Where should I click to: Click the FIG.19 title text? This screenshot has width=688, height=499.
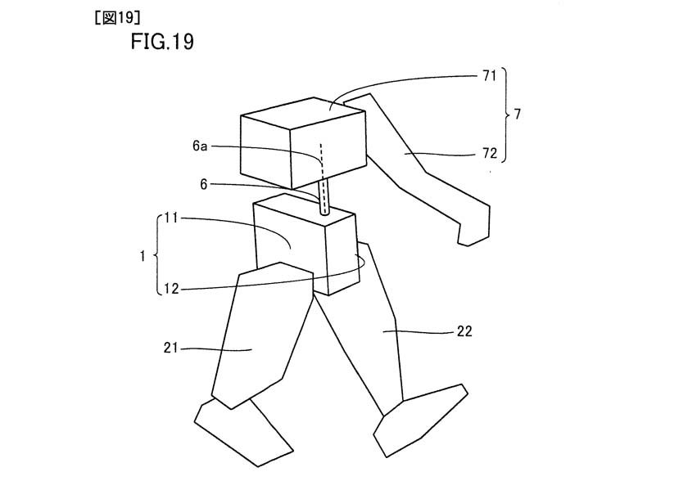[162, 42]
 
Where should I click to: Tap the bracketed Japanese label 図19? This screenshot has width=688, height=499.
[117, 18]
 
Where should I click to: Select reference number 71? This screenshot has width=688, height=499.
[489, 76]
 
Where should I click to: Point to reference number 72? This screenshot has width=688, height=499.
[490, 153]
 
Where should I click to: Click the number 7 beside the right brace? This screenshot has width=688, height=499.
[518, 115]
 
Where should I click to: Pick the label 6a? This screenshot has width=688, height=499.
[200, 146]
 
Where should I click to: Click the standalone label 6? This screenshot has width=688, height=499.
[204, 184]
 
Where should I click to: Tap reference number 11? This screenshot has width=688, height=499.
[171, 218]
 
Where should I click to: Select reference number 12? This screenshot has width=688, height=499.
[171, 289]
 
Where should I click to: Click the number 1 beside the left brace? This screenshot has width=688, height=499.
[143, 256]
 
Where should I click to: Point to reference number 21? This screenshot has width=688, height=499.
[171, 348]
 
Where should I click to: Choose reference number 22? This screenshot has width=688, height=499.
[464, 331]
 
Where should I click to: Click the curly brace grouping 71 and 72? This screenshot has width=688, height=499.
[506, 115]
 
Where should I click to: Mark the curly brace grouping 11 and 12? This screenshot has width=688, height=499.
[156, 255]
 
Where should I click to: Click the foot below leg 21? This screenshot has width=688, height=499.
[243, 432]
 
